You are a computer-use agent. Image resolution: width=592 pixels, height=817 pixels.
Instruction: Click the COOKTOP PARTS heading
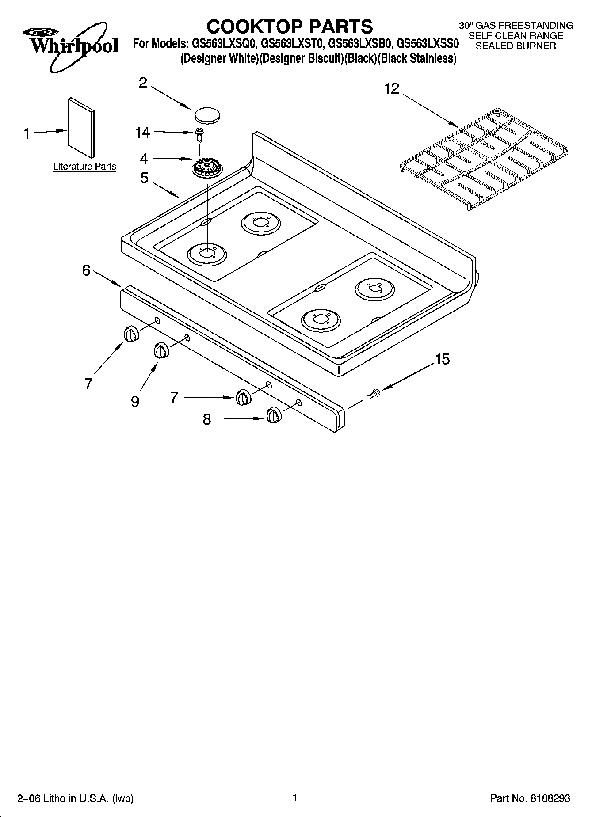coord(290,27)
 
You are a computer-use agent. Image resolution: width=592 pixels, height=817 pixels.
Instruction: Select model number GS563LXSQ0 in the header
coord(224,43)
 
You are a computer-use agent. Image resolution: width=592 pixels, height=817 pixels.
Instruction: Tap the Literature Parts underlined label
coord(84,167)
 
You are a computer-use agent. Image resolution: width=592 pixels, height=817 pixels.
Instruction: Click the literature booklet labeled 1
coord(81,128)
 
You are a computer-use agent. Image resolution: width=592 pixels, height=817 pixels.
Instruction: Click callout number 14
coord(143,133)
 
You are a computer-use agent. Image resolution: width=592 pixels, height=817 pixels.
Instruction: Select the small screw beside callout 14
coord(199,134)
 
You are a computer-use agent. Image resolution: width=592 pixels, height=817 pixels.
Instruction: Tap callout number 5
coord(145,178)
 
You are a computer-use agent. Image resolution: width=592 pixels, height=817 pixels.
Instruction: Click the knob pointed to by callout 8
coord(273,415)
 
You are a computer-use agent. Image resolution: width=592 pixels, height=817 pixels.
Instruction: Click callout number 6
coord(87,270)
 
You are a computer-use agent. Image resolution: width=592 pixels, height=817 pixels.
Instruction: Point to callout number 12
coord(391,89)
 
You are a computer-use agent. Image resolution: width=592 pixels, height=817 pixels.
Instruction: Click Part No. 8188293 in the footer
coord(530,798)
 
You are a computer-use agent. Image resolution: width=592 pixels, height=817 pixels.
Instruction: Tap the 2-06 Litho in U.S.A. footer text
coord(75,798)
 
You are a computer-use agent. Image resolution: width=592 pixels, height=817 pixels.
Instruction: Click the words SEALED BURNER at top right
coord(516,46)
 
